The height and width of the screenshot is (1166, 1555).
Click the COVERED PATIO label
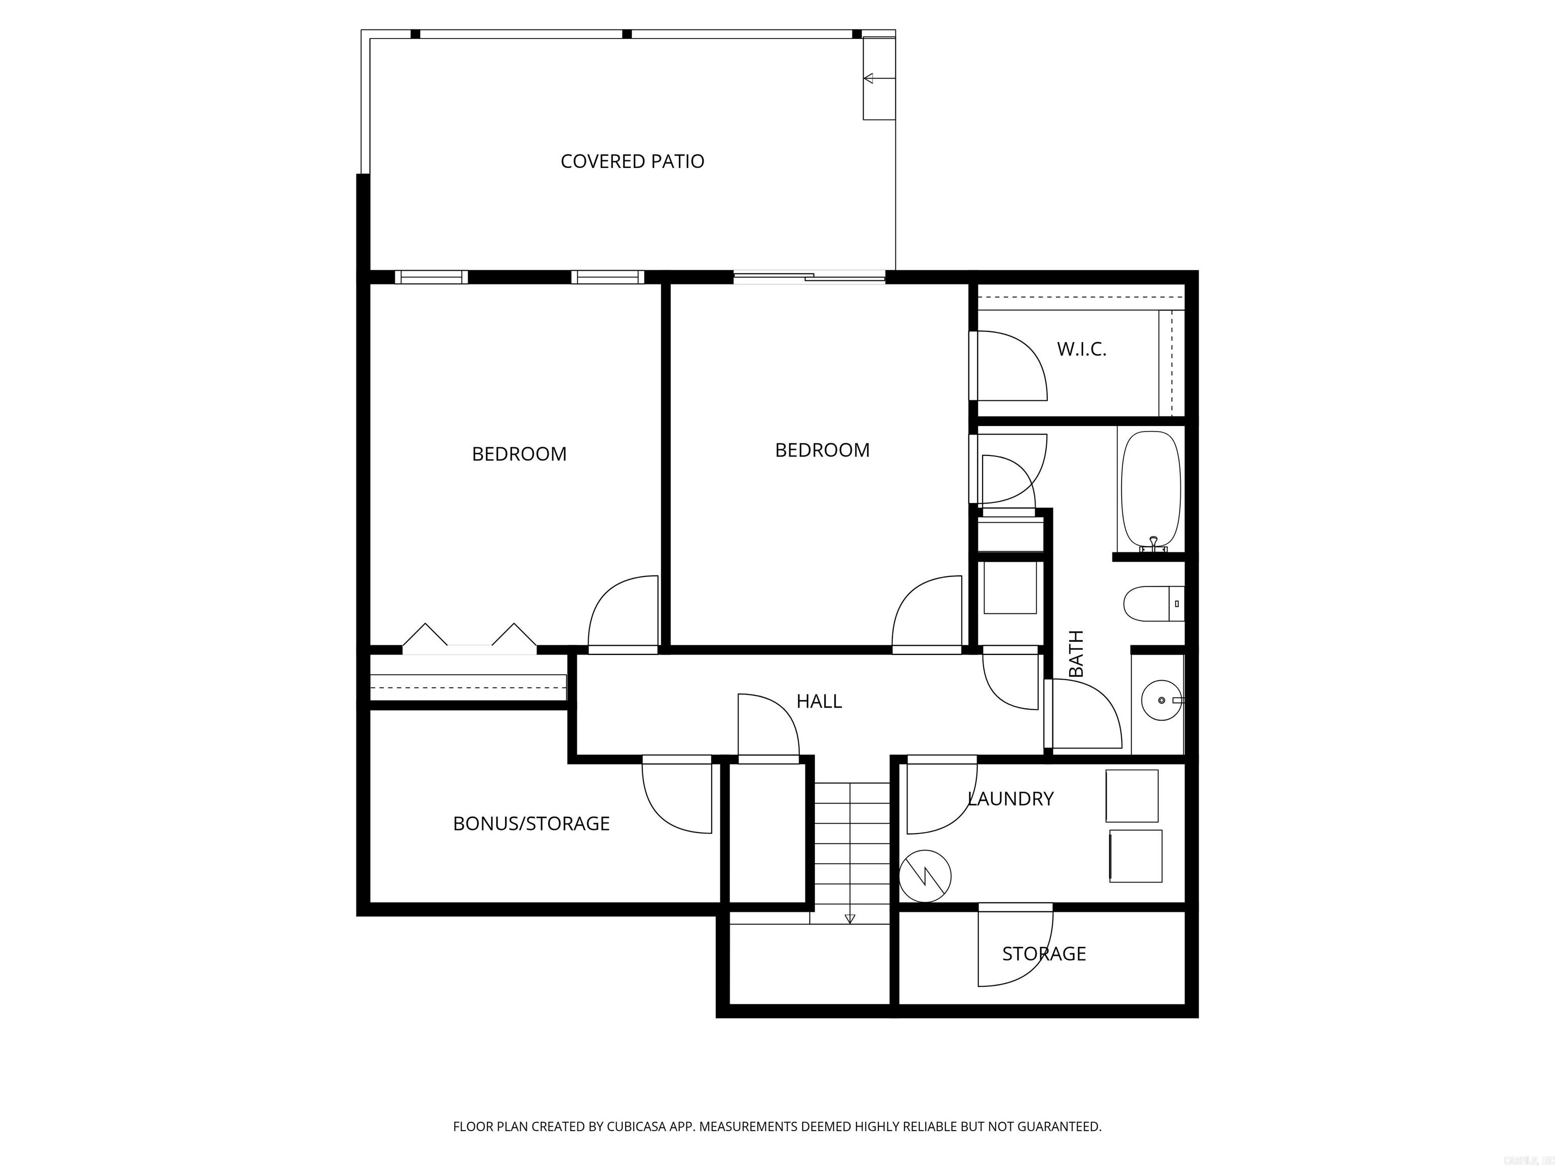tap(632, 161)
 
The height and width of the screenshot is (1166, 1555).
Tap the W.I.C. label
tap(1081, 349)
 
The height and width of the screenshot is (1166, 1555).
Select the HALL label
tap(819, 701)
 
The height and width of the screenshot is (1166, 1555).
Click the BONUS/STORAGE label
tap(531, 824)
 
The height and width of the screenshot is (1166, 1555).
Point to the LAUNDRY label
tap(1010, 799)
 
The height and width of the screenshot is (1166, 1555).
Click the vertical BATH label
tap(1076, 654)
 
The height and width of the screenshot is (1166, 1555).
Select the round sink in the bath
tap(1161, 701)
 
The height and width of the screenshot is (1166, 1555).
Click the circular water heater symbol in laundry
tap(925, 877)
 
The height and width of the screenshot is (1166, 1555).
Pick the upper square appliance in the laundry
tap(1131, 796)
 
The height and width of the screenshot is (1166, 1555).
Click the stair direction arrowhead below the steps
tap(850, 919)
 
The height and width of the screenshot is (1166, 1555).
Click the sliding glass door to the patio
tap(808, 278)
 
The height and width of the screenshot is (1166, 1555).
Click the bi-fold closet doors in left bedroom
tap(469, 638)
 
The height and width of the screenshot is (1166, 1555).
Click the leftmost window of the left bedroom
tap(431, 277)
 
